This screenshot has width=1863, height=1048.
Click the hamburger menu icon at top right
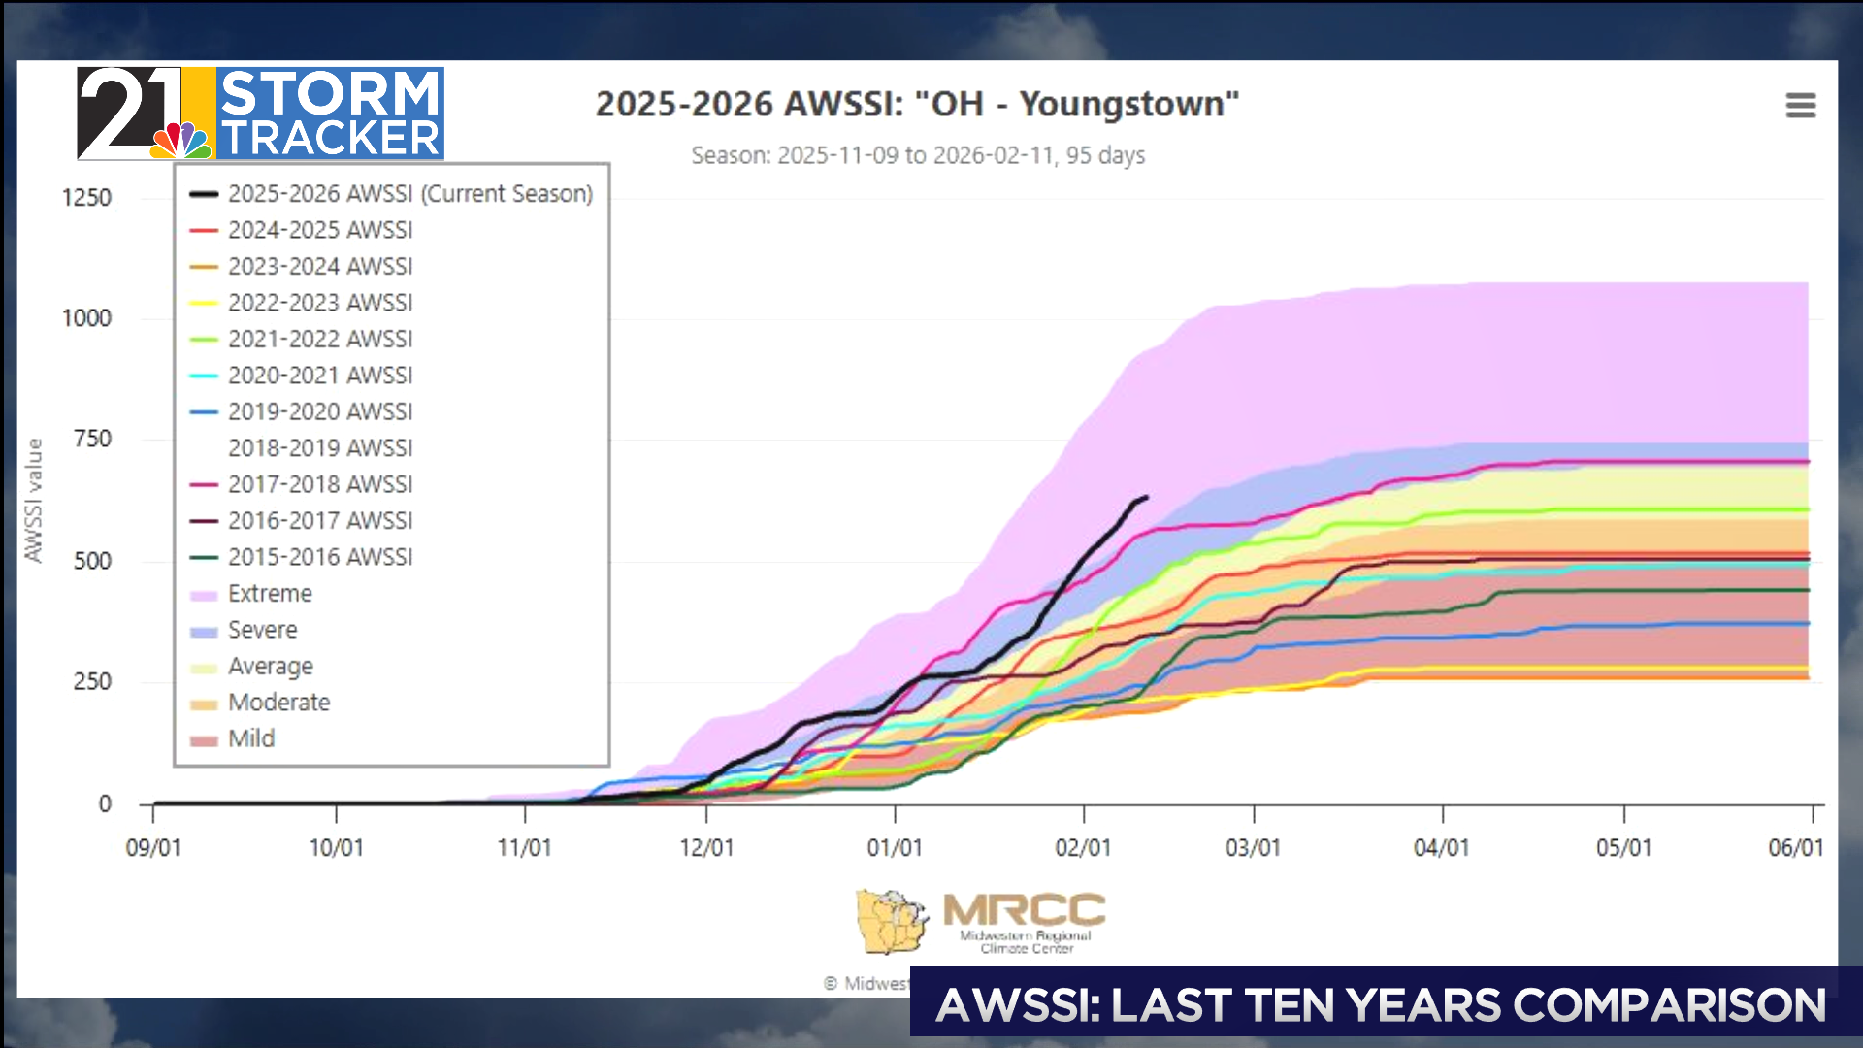tap(1800, 105)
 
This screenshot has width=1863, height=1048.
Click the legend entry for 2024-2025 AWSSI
tap(319, 230)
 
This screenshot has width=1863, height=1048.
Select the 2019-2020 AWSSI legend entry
tap(319, 411)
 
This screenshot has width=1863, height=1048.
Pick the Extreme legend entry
tap(269, 593)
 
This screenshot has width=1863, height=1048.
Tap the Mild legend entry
tap(251, 738)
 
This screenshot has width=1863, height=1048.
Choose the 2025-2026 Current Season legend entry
tap(409, 193)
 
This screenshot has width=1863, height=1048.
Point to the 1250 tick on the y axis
tap(86, 198)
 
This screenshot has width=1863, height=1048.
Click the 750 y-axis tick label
tap(92, 439)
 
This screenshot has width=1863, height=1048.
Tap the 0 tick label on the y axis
tap(105, 803)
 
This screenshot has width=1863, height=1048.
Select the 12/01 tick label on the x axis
tap(706, 848)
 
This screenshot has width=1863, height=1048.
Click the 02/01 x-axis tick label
tap(1083, 848)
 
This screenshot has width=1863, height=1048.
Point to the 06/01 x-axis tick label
tap(1795, 848)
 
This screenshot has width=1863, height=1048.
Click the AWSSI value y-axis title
tap(34, 500)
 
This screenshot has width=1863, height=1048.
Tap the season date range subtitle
tap(917, 155)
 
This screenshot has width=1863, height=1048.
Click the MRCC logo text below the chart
tap(1024, 911)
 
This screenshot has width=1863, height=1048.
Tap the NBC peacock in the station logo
tap(180, 142)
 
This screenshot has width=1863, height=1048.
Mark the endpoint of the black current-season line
tap(1146, 498)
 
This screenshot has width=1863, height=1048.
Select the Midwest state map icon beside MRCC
tap(891, 921)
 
